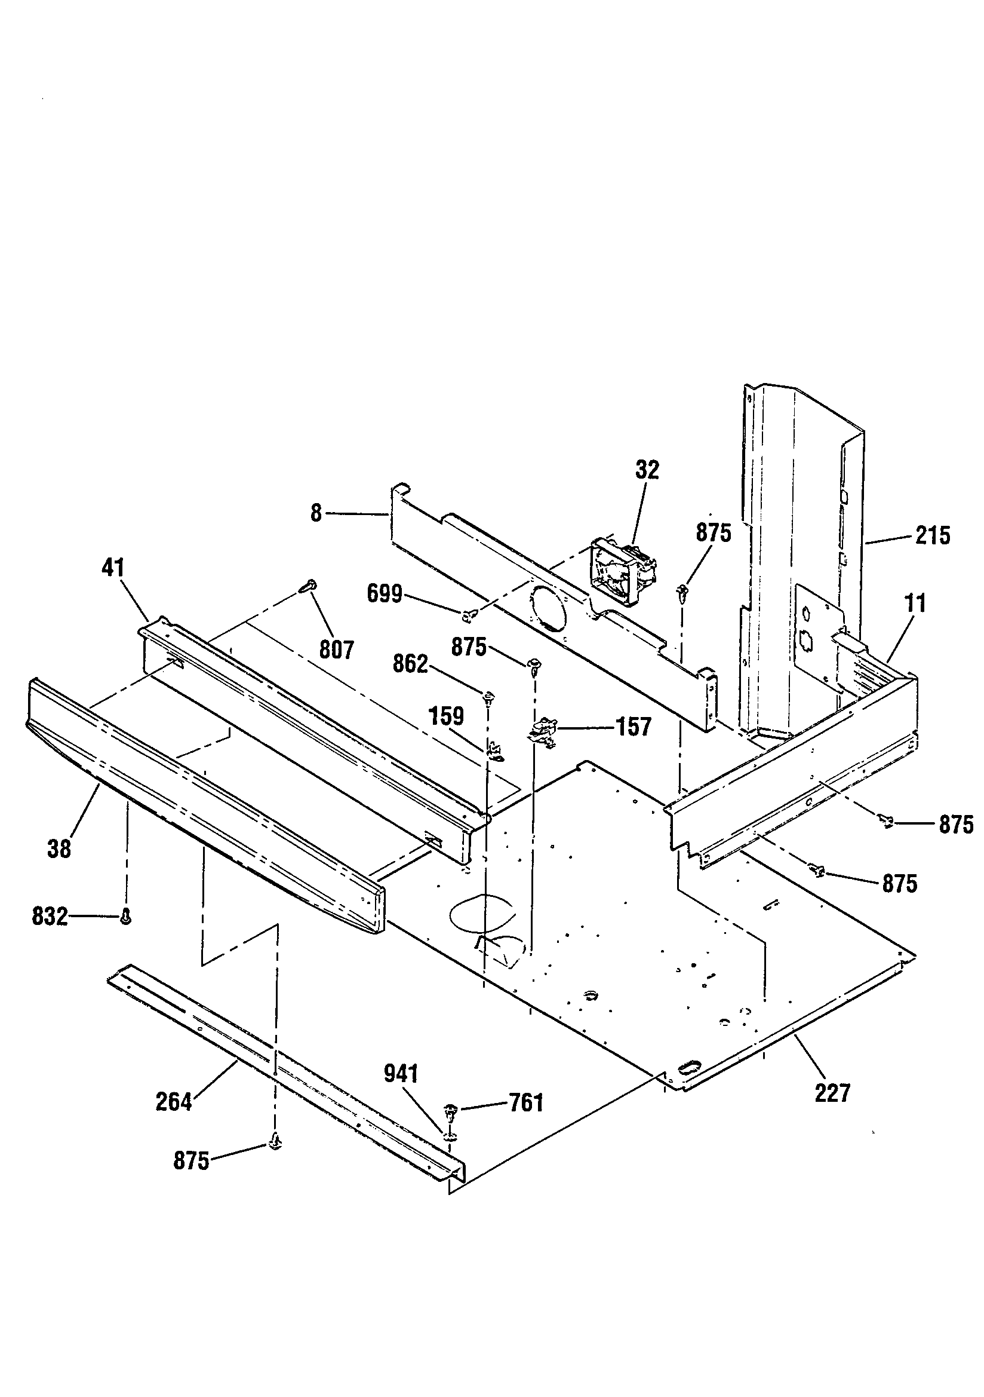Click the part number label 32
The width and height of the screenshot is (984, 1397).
(x=647, y=470)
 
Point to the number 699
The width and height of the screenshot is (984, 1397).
(x=385, y=593)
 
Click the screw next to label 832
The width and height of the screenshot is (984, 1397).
(x=126, y=917)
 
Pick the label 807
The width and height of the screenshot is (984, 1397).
(x=336, y=650)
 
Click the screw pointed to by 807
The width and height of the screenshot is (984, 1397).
(x=309, y=586)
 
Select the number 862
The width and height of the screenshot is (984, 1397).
(x=411, y=664)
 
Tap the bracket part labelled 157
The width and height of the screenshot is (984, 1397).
(x=543, y=728)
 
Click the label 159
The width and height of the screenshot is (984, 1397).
(x=447, y=716)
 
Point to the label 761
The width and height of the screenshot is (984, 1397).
(x=526, y=1102)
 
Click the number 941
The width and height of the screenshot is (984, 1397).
(x=401, y=1074)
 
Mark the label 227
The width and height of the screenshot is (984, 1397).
(x=832, y=1093)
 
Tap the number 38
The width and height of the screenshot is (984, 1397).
(x=59, y=848)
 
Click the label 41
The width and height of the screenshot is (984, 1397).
(x=113, y=568)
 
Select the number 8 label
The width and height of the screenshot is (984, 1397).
(x=316, y=513)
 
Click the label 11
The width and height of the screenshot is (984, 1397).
(x=915, y=603)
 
